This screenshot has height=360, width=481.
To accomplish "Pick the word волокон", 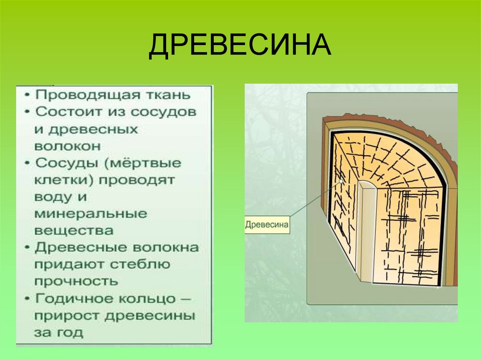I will click(67, 146).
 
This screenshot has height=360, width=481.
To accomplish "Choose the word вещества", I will click(74, 231).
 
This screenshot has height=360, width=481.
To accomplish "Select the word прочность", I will click(76, 282).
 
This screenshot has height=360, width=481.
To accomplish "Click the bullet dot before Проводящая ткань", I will click(28, 95).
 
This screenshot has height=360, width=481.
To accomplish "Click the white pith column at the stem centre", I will click(365, 230).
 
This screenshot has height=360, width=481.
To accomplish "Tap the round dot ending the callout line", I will click(340, 181).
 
